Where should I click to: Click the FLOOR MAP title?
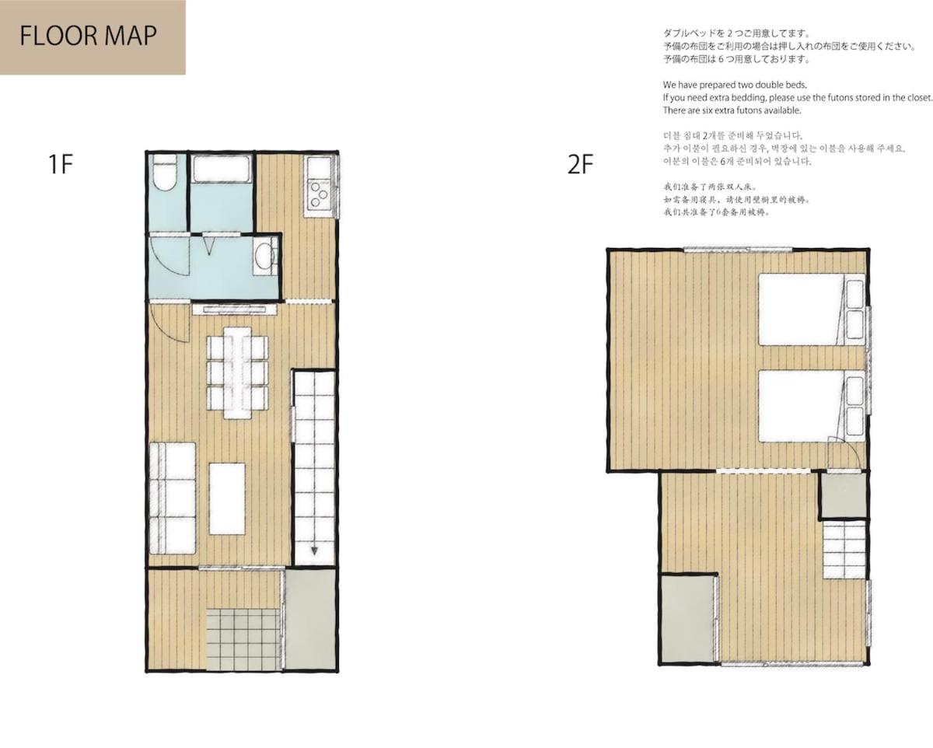click(x=88, y=36)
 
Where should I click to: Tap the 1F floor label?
click(x=61, y=164)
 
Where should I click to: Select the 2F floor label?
click(x=580, y=164)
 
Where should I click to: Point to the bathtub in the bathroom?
click(x=221, y=169)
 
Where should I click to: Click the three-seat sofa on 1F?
click(x=173, y=498)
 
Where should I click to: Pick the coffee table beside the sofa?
click(x=227, y=498)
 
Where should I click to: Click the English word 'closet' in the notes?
click(x=919, y=97)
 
